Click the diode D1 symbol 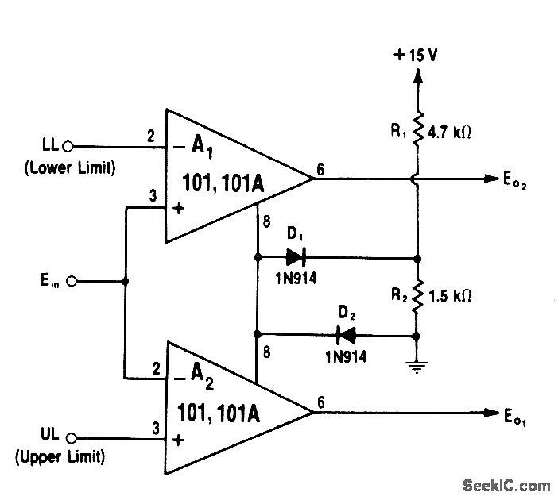pos(295,257)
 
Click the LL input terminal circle pos(68,146)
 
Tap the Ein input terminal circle pos(72,281)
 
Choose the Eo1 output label pos(515,414)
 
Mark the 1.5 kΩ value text pos(451,295)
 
